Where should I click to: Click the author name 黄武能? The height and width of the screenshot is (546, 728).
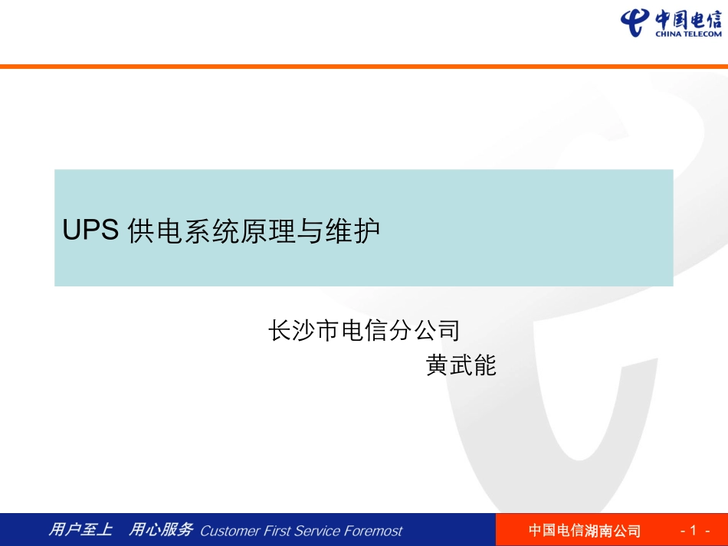tap(461, 366)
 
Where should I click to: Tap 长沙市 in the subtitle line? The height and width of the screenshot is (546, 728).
tap(303, 331)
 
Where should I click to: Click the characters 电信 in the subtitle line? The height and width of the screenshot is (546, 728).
tap(364, 331)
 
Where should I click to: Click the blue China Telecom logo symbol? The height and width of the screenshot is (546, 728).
tap(635, 22)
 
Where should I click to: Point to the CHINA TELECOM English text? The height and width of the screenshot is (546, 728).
tap(688, 34)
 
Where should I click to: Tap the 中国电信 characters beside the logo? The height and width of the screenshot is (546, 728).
tap(688, 18)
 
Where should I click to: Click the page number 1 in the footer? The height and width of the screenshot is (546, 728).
tap(694, 531)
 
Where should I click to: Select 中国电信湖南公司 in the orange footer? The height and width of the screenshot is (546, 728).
tap(584, 531)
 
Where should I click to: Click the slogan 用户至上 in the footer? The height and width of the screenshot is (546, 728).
tap(80, 530)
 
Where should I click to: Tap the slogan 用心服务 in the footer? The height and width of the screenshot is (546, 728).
tap(159, 530)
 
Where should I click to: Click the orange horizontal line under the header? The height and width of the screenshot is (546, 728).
tap(364, 67)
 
